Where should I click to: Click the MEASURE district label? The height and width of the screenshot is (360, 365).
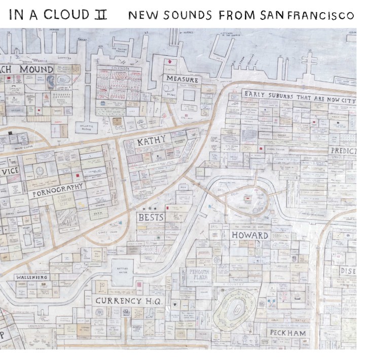coord(181,80)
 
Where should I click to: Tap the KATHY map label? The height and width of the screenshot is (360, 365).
coord(152,142)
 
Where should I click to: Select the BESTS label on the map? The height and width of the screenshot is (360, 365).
coord(150,218)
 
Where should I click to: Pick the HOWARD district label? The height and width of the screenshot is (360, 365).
coord(249,235)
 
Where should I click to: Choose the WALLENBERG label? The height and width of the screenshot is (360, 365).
coord(31,278)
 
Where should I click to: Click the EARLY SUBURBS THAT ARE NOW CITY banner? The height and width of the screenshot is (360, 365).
coord(299,97)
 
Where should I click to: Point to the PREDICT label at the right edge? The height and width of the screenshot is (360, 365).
coord(343,151)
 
